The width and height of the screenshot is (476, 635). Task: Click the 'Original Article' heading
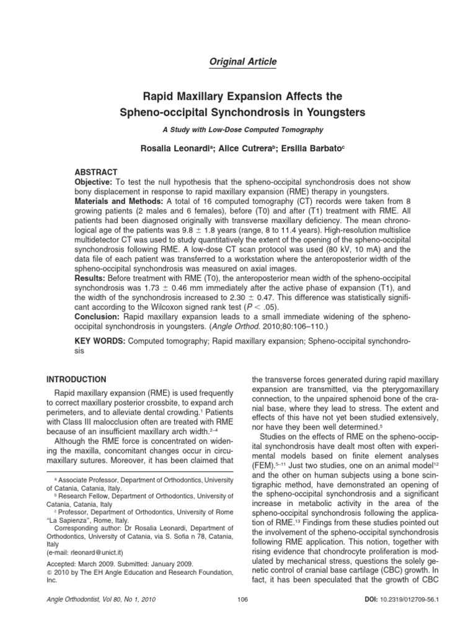tap(237, 61)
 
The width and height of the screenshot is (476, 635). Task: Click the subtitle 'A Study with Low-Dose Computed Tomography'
tap(238, 131)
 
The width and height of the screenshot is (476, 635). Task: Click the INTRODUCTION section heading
tap(77, 379)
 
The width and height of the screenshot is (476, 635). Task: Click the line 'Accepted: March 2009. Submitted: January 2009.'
tap(121, 564)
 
